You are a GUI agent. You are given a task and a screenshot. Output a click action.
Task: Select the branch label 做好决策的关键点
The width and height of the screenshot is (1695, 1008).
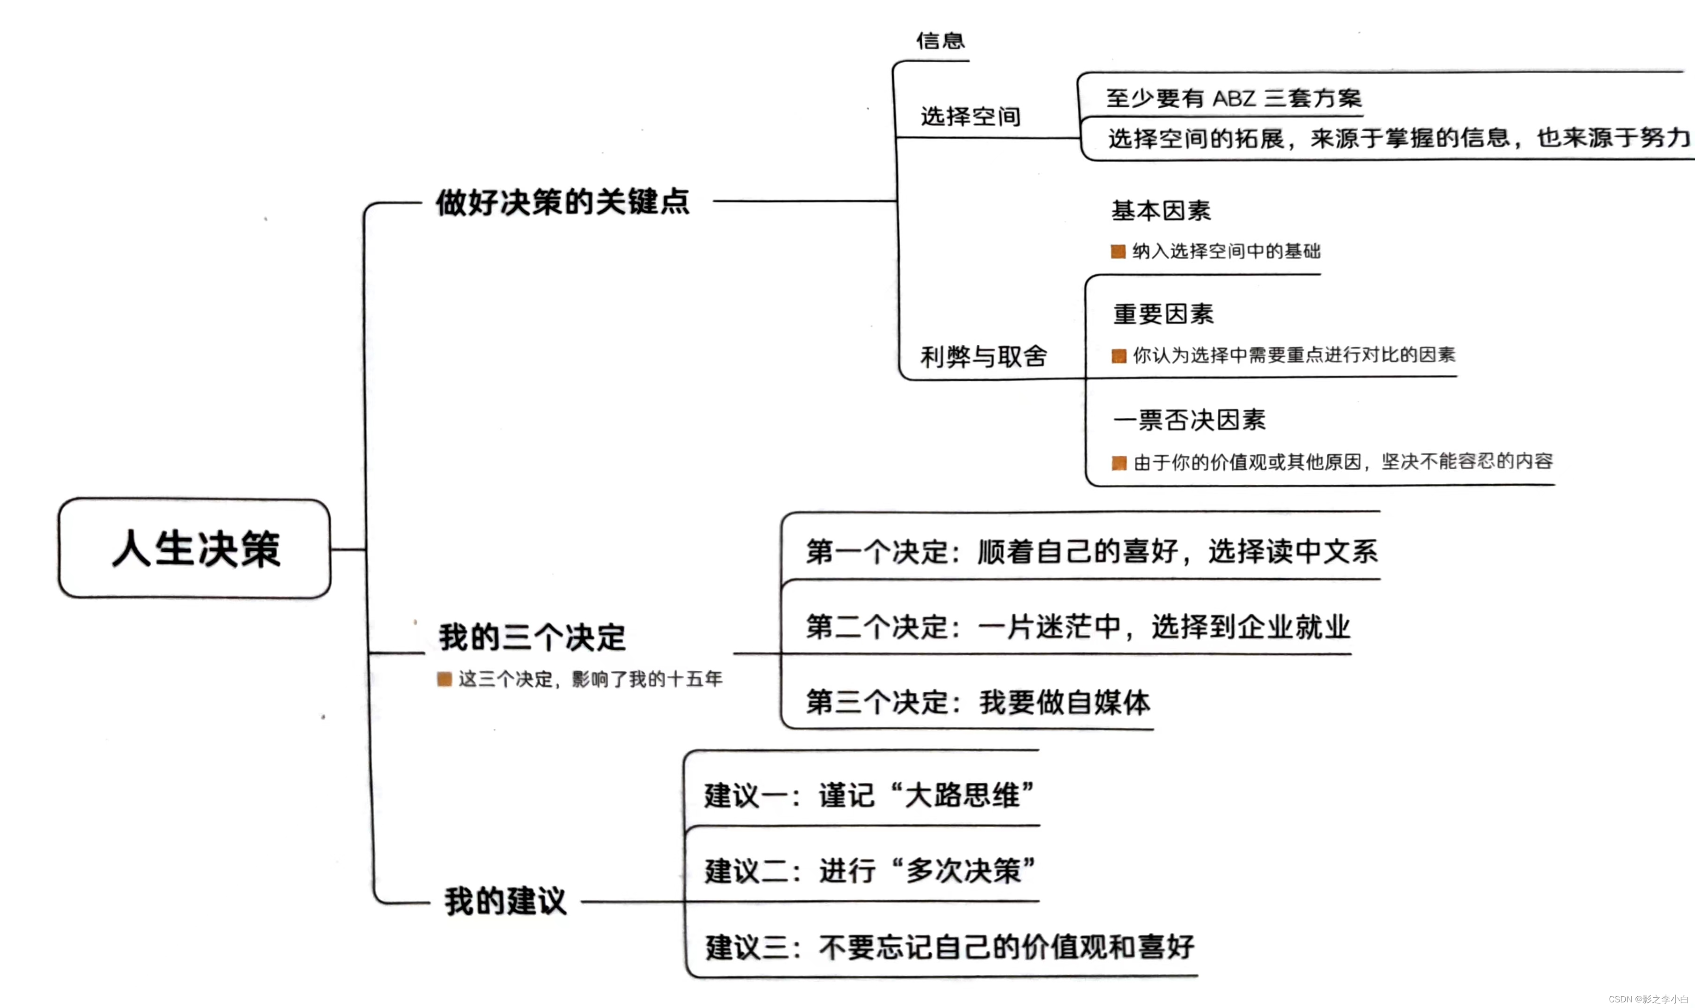[563, 202]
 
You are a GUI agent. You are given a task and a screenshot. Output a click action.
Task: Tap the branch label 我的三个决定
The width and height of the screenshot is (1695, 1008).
[532, 637]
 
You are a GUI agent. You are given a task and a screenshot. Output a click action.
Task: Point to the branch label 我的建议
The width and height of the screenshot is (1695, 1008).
[505, 901]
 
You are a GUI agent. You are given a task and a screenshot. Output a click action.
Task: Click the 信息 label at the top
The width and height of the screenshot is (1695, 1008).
[940, 41]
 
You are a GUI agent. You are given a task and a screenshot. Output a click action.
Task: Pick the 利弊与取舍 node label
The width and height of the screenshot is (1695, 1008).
[983, 356]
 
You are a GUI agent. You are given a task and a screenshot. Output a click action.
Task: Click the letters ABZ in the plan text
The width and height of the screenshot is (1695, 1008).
[1235, 98]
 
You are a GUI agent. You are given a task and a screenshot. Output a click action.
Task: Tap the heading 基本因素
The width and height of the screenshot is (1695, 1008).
[1161, 211]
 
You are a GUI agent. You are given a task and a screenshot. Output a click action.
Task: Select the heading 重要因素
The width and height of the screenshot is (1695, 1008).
[1163, 314]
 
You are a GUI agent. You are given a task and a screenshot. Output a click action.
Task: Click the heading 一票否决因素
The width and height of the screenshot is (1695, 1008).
[1190, 420]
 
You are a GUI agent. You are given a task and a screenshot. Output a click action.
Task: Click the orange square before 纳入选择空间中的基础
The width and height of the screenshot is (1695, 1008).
[1118, 252]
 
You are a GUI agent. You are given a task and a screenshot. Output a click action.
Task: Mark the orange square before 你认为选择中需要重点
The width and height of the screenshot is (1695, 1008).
[1118, 356]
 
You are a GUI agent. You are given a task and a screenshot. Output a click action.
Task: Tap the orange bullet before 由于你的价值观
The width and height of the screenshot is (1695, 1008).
[1118, 463]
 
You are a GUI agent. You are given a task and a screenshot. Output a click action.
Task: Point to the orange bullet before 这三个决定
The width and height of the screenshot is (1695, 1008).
[444, 679]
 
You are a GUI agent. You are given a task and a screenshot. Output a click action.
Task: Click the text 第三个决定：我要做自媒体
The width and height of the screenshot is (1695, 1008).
[978, 702]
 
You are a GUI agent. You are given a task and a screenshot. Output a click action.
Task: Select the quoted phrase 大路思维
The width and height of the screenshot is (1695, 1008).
[962, 795]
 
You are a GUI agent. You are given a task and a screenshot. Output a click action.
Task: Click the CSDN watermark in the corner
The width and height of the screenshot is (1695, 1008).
[1648, 999]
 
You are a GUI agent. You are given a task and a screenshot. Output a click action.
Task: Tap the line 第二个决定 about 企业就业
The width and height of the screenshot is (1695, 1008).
[1078, 626]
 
